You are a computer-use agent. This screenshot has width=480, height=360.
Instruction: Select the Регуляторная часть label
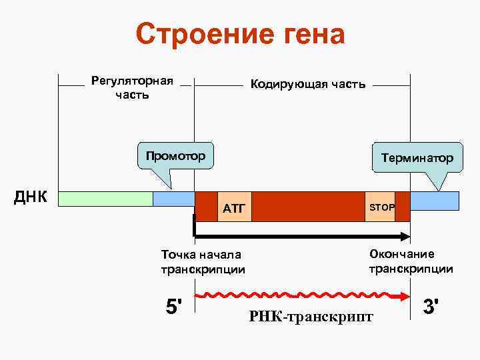(131, 87)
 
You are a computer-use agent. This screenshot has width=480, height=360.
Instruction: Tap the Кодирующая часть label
(307, 84)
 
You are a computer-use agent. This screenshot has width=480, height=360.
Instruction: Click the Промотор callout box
(175, 156)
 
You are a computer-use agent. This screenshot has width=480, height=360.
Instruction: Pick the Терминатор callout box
(417, 158)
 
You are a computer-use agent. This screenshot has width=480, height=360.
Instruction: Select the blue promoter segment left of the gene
(173, 199)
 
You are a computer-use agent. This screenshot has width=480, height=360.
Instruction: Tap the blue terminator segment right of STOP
(435, 199)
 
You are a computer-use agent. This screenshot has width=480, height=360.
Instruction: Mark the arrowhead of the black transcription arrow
(404, 236)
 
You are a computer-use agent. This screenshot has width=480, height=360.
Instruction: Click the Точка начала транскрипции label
(203, 261)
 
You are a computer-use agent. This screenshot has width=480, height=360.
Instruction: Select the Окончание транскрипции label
(411, 261)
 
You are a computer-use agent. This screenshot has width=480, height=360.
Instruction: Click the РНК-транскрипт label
(311, 317)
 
